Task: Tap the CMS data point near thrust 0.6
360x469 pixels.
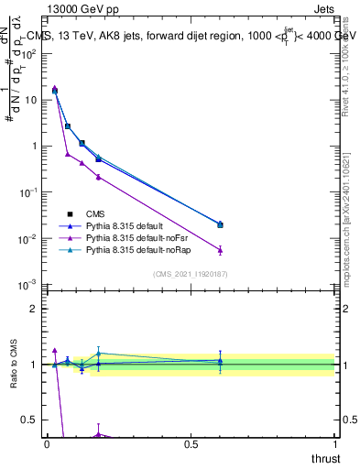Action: [x=220, y=224]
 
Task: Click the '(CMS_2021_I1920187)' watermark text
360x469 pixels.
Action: [x=191, y=274]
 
